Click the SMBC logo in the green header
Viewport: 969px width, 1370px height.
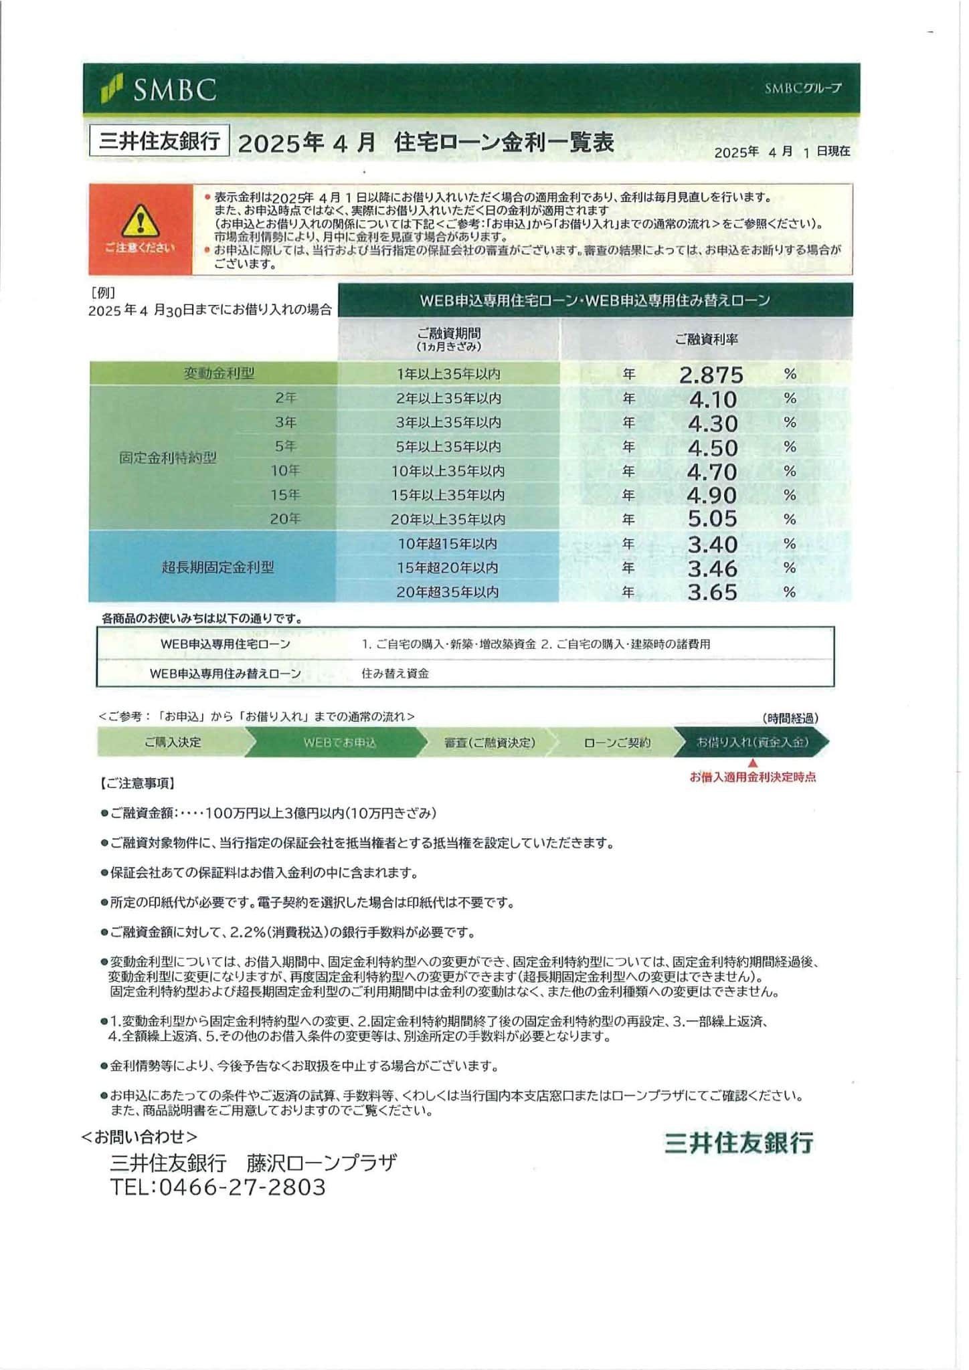point(159,90)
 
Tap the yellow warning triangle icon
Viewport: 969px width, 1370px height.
point(141,219)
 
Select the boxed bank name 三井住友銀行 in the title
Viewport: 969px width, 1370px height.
point(159,141)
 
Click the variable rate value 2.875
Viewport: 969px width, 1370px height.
point(711,375)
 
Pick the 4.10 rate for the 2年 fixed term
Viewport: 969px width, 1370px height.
point(713,399)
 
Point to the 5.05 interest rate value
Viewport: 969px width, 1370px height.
point(713,519)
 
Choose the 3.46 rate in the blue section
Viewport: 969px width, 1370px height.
point(713,569)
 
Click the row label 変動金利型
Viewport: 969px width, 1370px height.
point(219,373)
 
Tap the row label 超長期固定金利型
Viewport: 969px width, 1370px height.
point(217,567)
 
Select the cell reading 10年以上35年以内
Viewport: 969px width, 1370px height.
point(448,471)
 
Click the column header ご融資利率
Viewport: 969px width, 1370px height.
point(706,339)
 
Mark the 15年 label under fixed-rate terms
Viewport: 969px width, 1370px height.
point(285,495)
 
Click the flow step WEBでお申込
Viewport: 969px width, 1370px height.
point(340,743)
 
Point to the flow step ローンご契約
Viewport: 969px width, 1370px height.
point(616,743)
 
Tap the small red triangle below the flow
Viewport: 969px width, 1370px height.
point(753,763)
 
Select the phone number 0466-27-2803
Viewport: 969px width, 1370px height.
point(242,1187)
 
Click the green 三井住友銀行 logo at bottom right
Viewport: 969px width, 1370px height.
point(739,1143)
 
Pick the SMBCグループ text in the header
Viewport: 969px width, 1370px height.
point(803,88)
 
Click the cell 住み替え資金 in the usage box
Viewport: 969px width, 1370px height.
point(395,674)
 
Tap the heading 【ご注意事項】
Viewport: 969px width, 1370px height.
point(137,783)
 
